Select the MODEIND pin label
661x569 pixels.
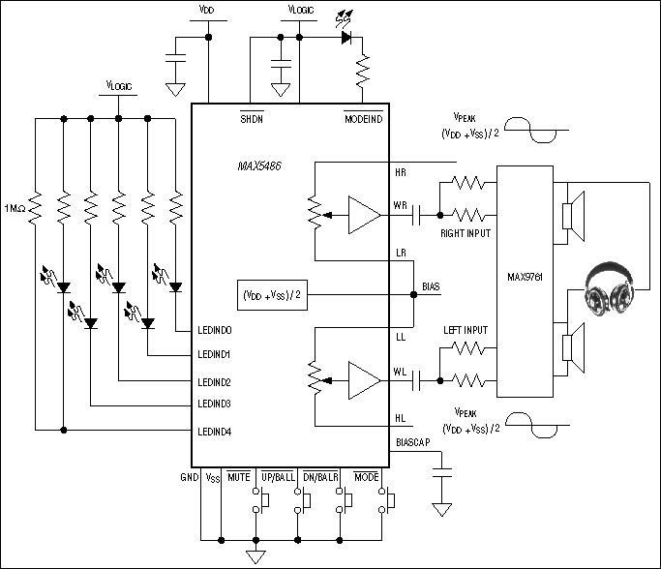pos(363,118)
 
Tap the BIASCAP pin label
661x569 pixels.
pos(413,443)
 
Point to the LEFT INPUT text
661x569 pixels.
pos(466,330)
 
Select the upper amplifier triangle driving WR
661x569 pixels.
pos(365,214)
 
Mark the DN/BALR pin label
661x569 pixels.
pos(321,478)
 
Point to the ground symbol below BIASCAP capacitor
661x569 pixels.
pos(443,509)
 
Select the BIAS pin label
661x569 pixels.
pos(433,287)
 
